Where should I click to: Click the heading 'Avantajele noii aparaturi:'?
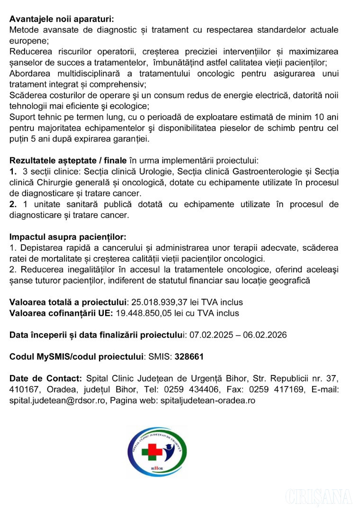point(62,19)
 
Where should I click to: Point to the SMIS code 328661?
point(189,357)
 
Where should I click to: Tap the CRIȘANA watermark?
point(318,496)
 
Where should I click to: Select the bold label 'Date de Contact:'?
point(46,378)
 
